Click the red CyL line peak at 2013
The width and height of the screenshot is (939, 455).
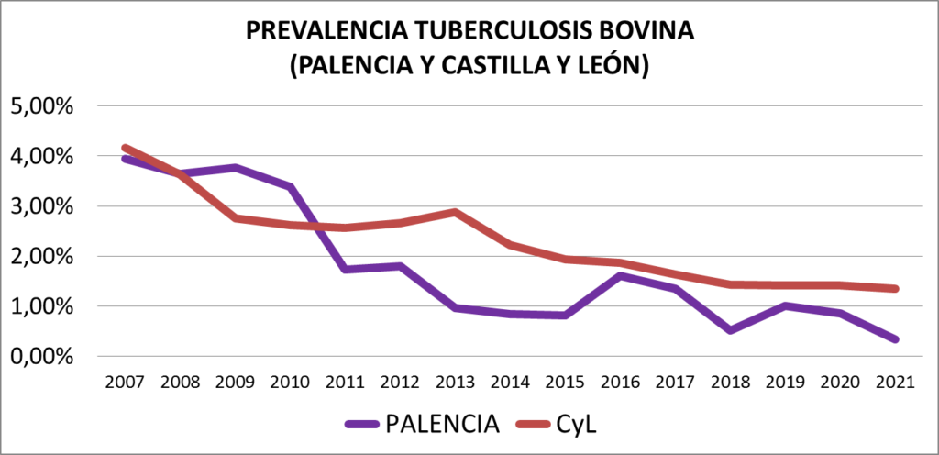[x=456, y=212]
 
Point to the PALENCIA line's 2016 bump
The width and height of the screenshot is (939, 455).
[x=621, y=275]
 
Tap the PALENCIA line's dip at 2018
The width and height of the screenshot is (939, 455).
[x=731, y=329]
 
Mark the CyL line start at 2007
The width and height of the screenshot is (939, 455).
[x=125, y=148]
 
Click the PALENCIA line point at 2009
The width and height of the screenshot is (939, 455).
[x=235, y=168]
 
